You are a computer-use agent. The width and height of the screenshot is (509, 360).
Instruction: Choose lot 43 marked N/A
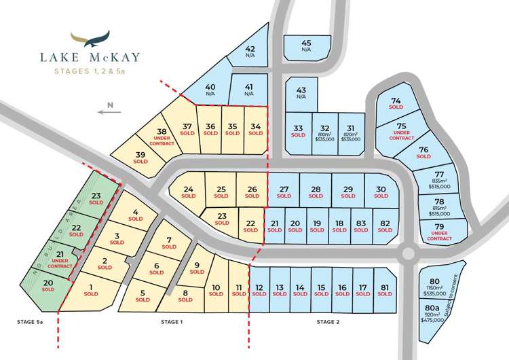coord(301,94)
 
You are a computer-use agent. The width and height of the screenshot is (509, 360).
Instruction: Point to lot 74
coord(396,105)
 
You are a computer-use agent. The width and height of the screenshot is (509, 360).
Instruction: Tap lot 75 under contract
coord(402,131)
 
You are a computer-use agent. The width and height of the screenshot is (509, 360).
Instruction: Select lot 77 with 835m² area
coord(439,179)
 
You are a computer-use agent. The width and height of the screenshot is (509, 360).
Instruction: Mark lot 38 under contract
coord(162,137)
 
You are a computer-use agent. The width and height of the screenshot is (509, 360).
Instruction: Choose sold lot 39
coord(140,158)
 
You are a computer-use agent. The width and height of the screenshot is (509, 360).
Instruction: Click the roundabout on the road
coord(407,254)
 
